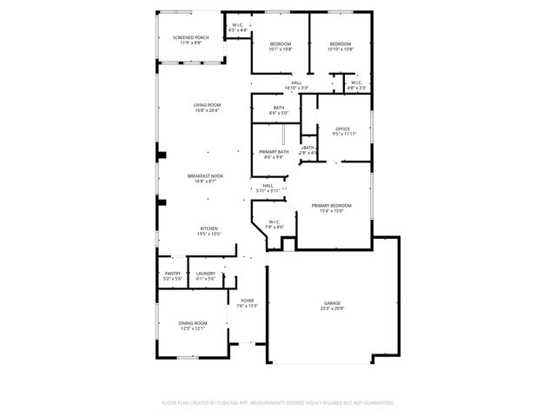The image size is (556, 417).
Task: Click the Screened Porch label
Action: (x=189, y=37)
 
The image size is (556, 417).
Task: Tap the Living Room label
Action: (x=207, y=105)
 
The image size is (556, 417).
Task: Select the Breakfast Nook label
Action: (x=206, y=175)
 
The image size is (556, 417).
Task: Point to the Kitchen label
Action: (x=208, y=228)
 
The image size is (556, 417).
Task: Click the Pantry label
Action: (x=173, y=274)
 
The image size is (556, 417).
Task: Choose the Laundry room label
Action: (x=206, y=274)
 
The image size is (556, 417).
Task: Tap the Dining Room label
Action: (x=192, y=322)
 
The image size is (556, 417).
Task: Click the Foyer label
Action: (x=248, y=301)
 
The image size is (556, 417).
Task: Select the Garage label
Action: (x=333, y=303)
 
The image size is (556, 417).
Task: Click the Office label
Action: (x=343, y=129)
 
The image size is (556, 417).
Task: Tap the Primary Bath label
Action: (x=274, y=152)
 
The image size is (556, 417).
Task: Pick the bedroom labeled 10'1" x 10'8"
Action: (x=281, y=43)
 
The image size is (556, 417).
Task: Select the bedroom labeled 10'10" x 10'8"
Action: (x=341, y=43)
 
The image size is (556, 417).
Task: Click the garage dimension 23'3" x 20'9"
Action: (x=333, y=309)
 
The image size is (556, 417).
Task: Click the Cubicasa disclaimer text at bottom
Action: (x=278, y=403)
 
